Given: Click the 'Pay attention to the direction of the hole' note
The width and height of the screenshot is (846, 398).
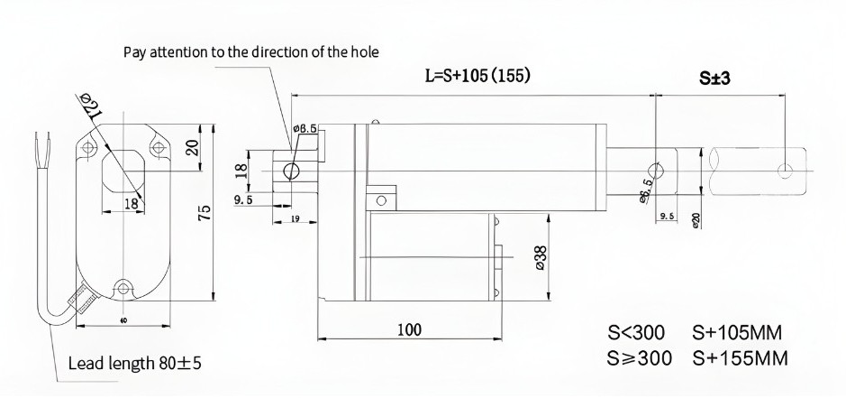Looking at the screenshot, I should pyautogui.click(x=250, y=51).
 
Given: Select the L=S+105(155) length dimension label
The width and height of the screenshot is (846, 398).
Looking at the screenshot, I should pyautogui.click(x=477, y=76).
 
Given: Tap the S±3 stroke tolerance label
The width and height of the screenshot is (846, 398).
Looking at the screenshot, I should pyautogui.click(x=714, y=79).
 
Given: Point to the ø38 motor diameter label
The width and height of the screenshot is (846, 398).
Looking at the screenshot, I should pyautogui.click(x=540, y=256).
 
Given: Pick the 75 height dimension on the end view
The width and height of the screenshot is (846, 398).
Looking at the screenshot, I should pyautogui.click(x=205, y=214).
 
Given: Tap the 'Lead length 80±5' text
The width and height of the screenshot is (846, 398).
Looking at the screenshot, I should pyautogui.click(x=135, y=365).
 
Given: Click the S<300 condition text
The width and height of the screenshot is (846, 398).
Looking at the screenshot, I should pyautogui.click(x=634, y=331).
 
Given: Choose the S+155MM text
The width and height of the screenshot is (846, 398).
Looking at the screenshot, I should pyautogui.click(x=741, y=357).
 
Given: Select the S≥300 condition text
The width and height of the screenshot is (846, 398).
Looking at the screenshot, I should pyautogui.click(x=640, y=357).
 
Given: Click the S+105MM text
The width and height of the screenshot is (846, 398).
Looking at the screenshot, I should pyautogui.click(x=741, y=331).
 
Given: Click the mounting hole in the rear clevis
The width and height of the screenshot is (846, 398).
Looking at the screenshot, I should pyautogui.click(x=291, y=171).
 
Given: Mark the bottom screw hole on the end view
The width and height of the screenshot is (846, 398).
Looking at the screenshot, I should pyautogui.click(x=123, y=289).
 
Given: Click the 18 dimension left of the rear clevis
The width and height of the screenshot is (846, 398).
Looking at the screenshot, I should pyautogui.click(x=241, y=169).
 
